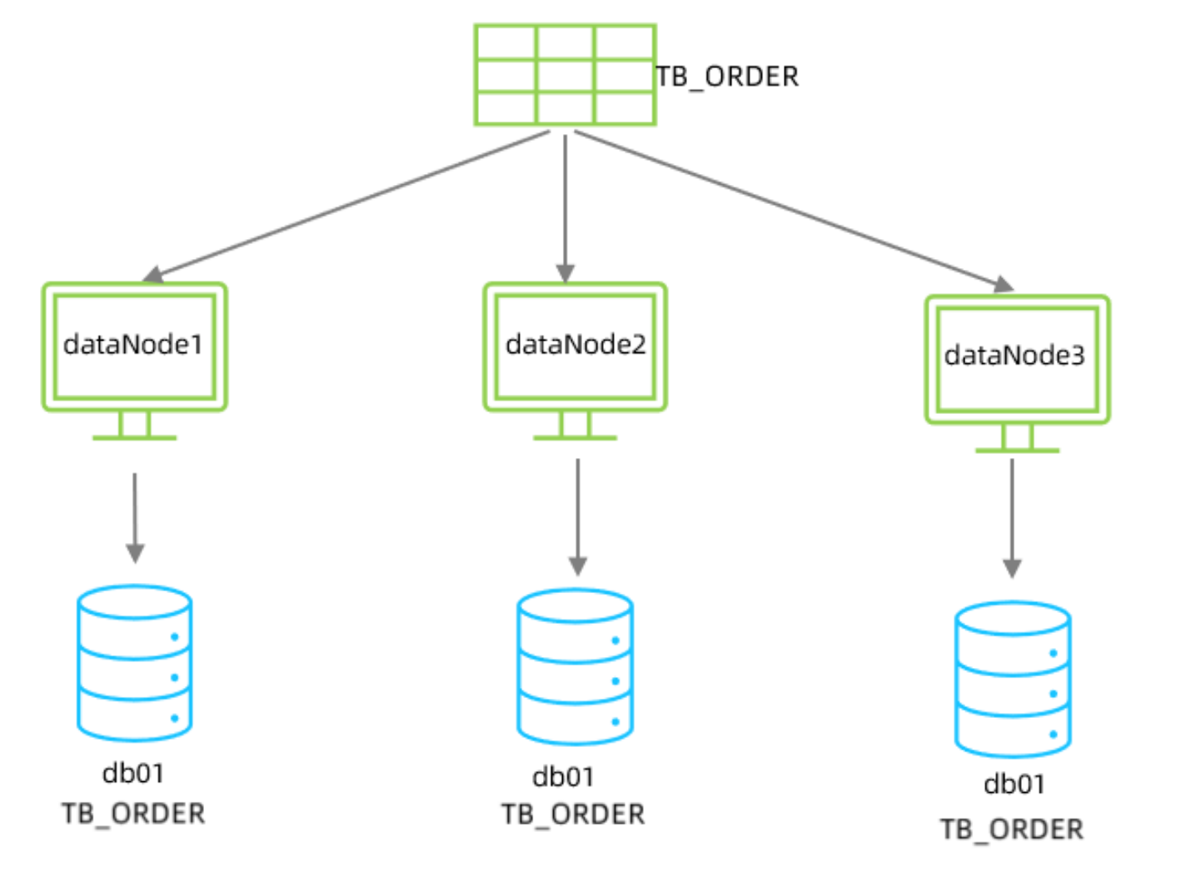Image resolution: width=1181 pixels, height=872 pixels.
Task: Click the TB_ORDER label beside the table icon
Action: (727, 77)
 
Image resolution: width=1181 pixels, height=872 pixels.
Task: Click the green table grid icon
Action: (566, 75)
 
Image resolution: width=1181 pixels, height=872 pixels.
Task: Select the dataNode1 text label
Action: (133, 345)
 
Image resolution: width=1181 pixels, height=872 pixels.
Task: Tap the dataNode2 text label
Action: (576, 345)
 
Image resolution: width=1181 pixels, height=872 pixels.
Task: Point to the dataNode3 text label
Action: (1014, 356)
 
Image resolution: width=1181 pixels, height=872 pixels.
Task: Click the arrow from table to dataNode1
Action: (350, 205)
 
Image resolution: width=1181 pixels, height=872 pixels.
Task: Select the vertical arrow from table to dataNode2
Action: (566, 208)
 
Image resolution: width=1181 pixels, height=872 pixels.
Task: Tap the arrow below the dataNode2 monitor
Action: (578, 516)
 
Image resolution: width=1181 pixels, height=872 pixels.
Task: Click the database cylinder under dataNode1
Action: (135, 663)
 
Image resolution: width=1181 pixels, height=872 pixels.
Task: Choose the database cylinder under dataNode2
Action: (576, 666)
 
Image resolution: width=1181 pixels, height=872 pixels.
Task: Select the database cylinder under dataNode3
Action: (1013, 680)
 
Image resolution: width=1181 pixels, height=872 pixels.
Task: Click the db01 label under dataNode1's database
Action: (133, 774)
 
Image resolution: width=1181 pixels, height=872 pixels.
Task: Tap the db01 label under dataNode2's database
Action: (564, 777)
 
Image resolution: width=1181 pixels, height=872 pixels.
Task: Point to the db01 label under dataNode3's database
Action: (1014, 785)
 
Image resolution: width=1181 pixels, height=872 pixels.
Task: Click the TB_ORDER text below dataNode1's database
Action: (133, 814)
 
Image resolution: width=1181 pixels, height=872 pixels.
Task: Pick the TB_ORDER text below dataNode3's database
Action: (1012, 830)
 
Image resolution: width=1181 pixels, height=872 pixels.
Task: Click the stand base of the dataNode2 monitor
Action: (576, 436)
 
